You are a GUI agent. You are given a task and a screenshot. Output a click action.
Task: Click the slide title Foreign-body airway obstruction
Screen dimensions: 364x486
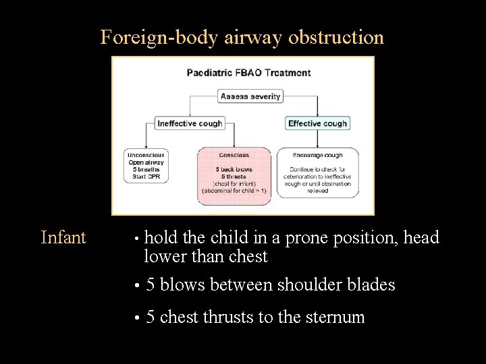click(242, 37)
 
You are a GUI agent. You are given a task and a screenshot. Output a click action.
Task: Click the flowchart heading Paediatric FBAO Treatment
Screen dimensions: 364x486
click(248, 73)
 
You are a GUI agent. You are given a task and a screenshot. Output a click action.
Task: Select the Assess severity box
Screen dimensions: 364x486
click(250, 96)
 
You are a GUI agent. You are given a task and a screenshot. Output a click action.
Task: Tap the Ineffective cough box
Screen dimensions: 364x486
click(189, 123)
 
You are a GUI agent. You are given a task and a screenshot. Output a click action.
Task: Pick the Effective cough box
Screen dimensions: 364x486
click(317, 123)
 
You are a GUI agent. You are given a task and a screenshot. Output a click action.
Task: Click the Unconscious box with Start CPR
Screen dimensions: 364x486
click(146, 166)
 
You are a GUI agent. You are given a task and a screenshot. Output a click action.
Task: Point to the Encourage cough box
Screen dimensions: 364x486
click(317, 173)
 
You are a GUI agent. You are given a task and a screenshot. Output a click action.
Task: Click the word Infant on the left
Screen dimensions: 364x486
click(63, 238)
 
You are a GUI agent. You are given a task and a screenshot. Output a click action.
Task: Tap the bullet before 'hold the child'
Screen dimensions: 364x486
click(136, 239)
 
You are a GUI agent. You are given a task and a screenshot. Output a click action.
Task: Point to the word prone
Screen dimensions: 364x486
click(308, 238)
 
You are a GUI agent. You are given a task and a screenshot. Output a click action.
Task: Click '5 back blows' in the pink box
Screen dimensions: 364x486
click(234, 169)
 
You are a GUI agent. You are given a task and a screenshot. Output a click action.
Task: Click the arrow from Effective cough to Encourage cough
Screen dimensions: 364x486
click(317, 138)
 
